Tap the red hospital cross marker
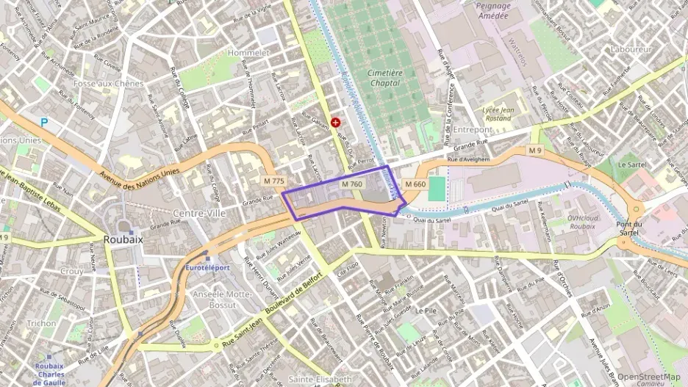coord(336,123)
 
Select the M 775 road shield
coord(273,181)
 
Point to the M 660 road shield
coord(415,184)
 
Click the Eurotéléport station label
coord(207,267)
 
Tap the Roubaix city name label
coord(123,239)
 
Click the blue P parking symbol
coord(45,123)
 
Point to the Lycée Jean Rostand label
coord(496,113)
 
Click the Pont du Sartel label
coord(634,228)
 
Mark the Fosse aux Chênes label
coord(108,84)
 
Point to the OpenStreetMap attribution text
coord(648,377)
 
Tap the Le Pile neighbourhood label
coord(426,311)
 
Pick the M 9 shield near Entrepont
coord(536,151)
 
